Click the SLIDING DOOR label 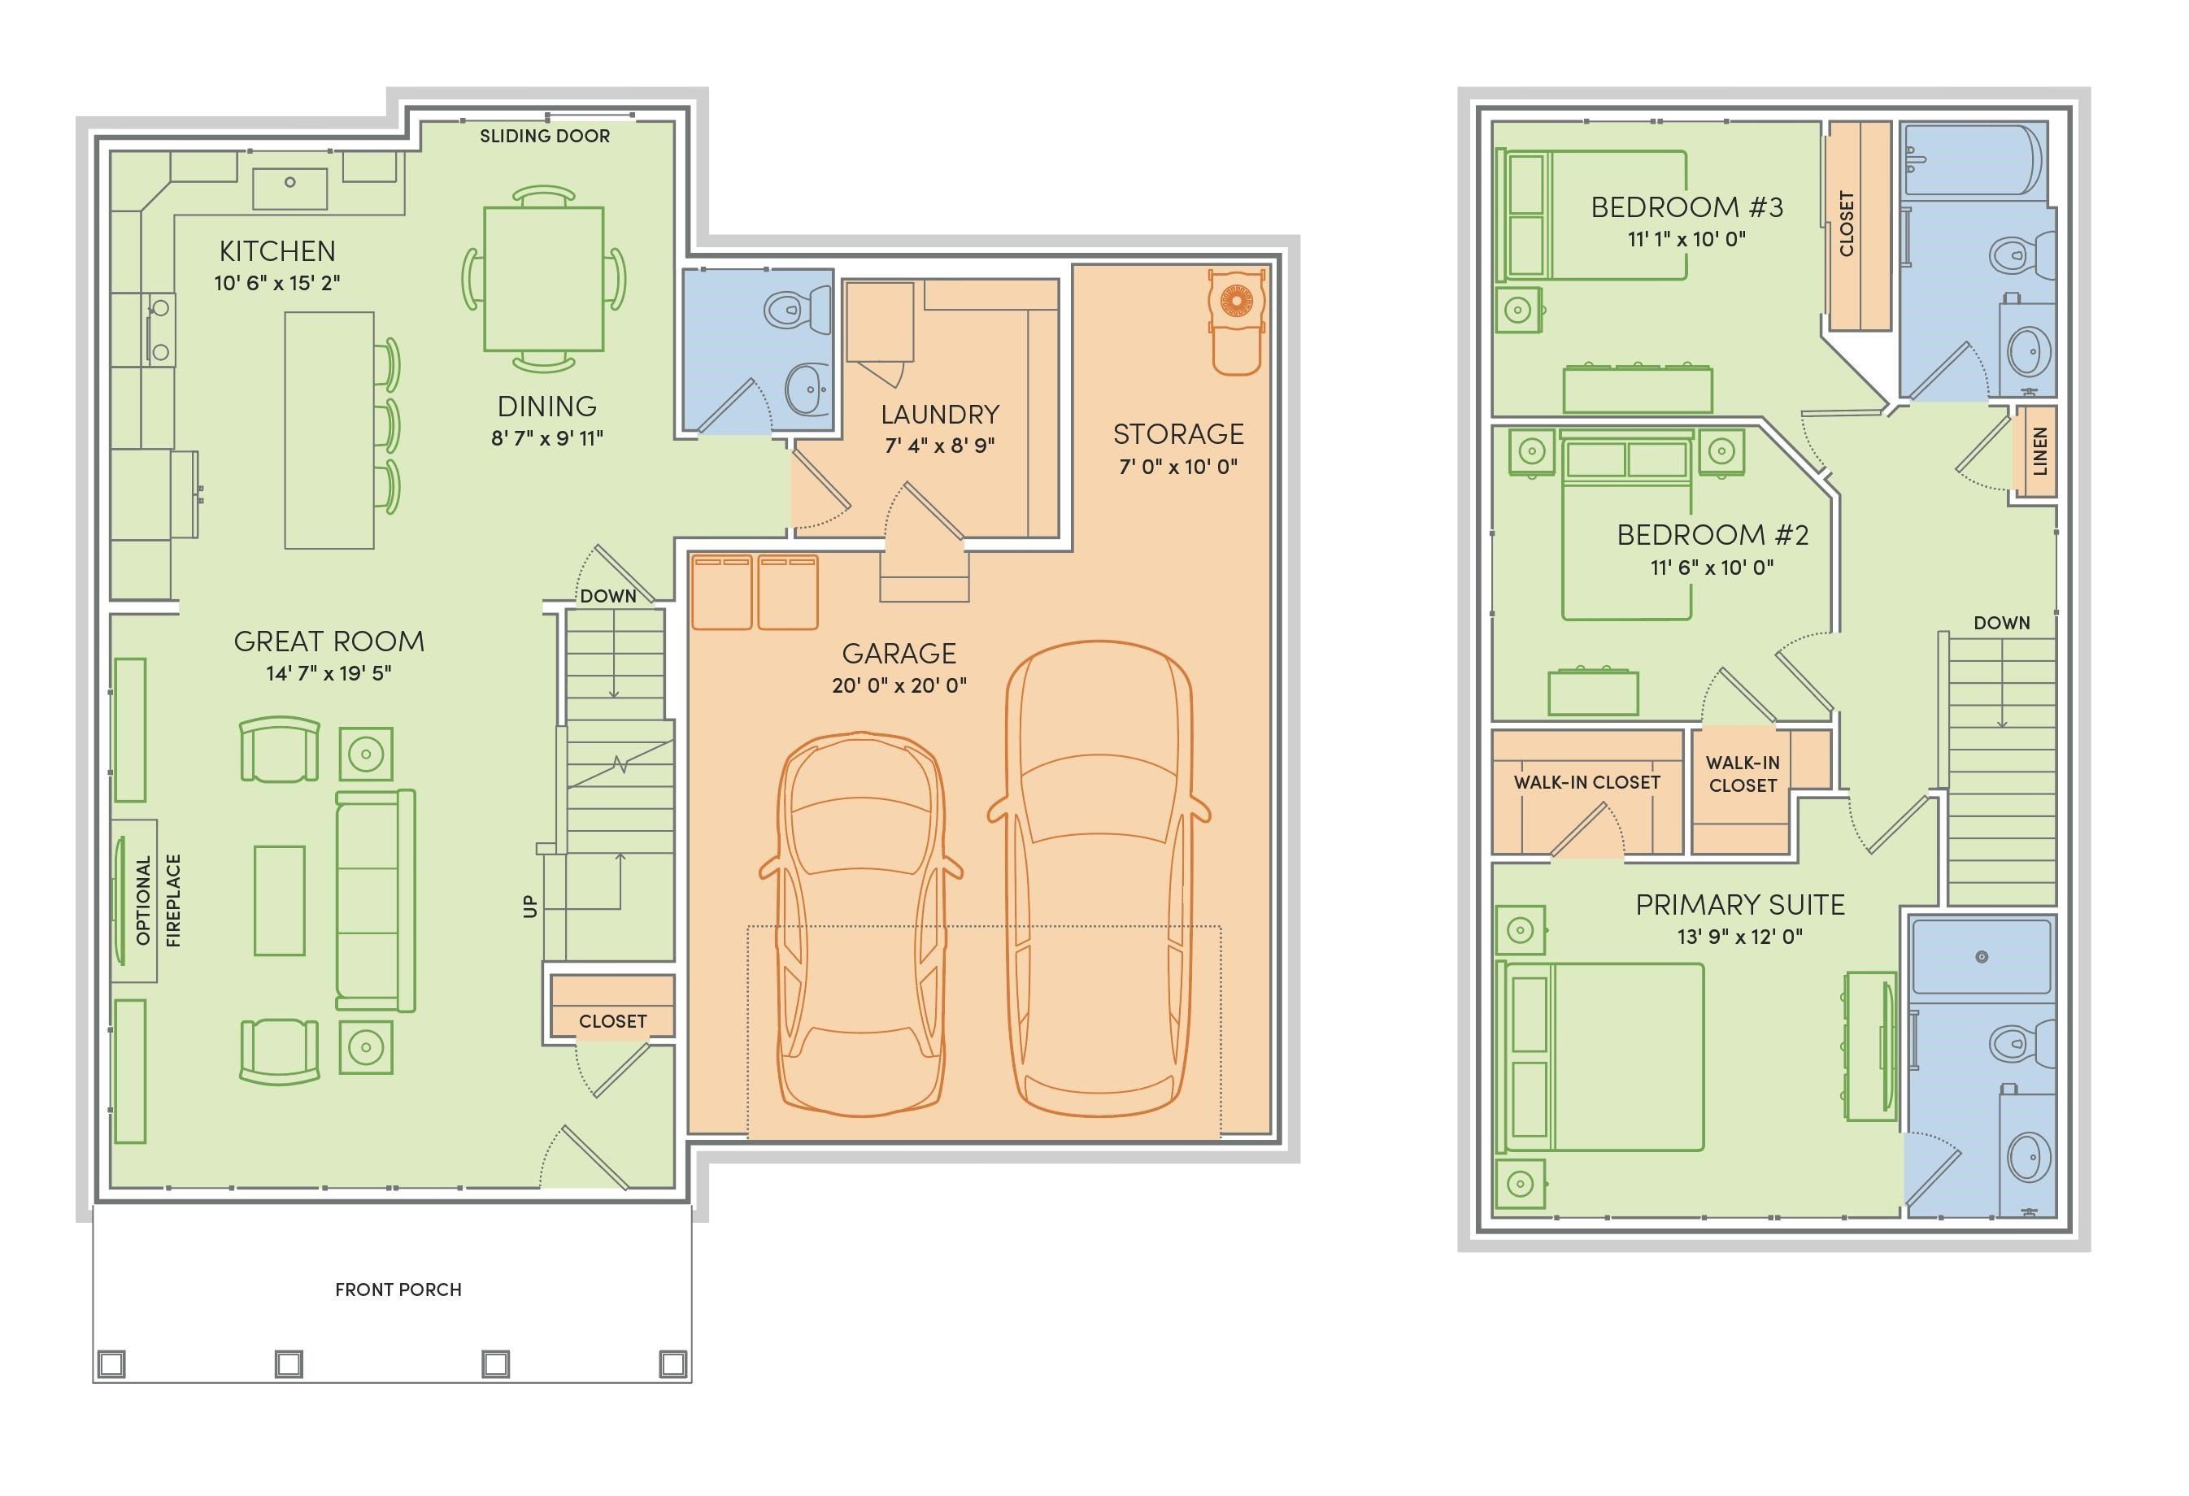click(545, 136)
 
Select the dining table click(543, 278)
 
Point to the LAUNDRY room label click(939, 415)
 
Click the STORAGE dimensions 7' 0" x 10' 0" click(1177, 467)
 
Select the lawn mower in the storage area click(1235, 320)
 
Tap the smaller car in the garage click(860, 924)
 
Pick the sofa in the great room click(375, 900)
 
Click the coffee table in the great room click(279, 900)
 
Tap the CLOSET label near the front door click(612, 1021)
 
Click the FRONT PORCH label click(398, 1289)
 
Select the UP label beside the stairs click(530, 907)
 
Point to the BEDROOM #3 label click(1686, 207)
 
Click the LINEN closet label click(2040, 451)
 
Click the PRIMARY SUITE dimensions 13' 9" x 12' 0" click(1739, 937)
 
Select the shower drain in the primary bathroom click(1982, 957)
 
